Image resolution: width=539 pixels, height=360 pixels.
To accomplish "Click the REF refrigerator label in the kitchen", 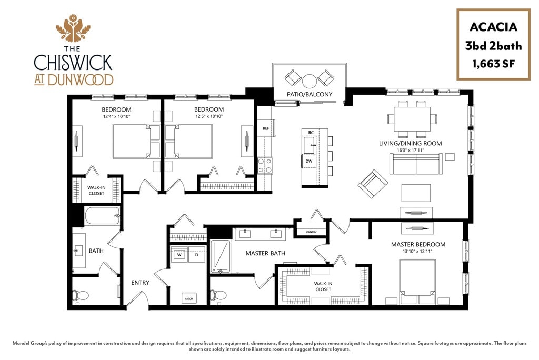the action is [266, 128].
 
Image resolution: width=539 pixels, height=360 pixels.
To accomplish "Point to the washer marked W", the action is [179, 255].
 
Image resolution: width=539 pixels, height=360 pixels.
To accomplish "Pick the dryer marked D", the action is [196, 255].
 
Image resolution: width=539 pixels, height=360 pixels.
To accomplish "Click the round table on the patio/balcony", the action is [310, 81].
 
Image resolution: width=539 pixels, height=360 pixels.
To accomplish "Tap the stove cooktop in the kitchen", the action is [265, 165].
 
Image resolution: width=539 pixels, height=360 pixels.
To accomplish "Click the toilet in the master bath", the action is [220, 295].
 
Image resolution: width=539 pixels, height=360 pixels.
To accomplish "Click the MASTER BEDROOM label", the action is [418, 244].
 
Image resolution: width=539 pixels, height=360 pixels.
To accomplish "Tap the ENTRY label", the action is [141, 283].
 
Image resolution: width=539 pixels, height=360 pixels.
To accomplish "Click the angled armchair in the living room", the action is [373, 183].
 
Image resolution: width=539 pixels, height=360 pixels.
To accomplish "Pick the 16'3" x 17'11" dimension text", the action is [411, 150].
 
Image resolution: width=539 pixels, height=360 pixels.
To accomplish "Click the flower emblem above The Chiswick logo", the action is [73, 28].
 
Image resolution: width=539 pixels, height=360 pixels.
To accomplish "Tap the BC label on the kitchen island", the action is [311, 133].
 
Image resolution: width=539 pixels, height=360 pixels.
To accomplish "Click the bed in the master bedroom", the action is [417, 280].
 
